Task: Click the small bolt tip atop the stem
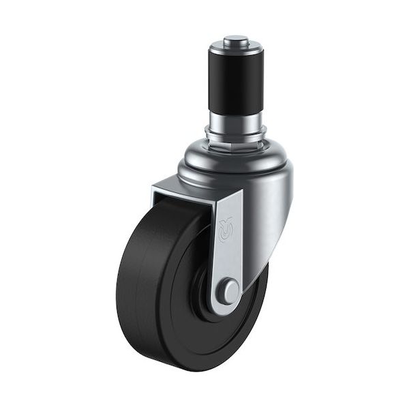(235, 39)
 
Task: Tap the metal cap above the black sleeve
(235, 47)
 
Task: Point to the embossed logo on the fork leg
(226, 230)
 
